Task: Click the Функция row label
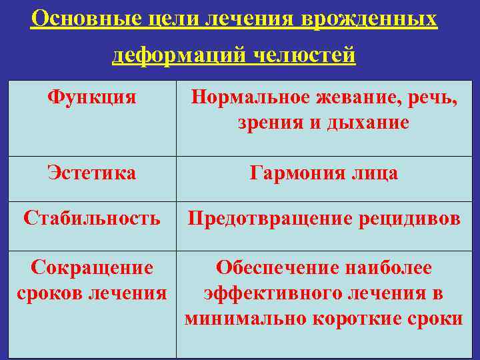(x=92, y=97)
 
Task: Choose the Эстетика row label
(x=92, y=173)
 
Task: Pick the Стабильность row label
(x=92, y=217)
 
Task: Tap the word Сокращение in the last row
(x=92, y=268)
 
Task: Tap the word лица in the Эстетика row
(x=376, y=173)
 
